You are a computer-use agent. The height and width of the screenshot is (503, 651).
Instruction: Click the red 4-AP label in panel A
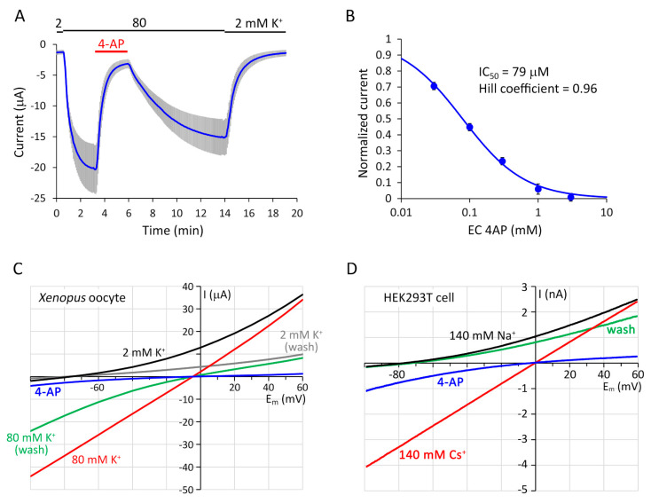[x=111, y=41]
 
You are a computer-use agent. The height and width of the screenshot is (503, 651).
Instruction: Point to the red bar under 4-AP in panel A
[x=111, y=51]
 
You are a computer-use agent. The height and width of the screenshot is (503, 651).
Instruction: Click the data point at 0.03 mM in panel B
[x=435, y=86]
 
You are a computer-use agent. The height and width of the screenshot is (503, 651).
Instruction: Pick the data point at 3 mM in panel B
[x=571, y=196]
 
